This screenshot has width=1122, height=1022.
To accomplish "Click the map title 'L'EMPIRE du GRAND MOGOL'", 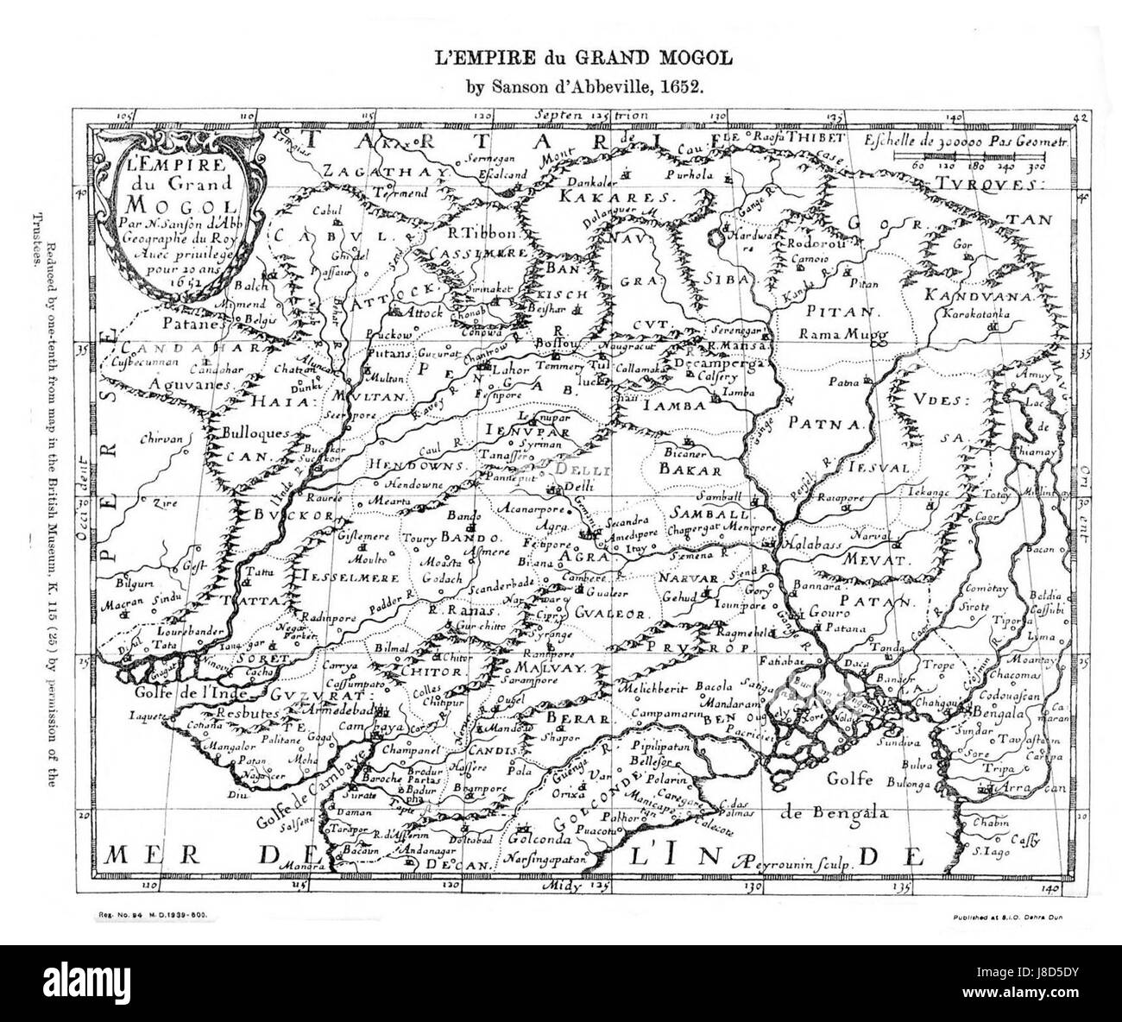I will (570, 60).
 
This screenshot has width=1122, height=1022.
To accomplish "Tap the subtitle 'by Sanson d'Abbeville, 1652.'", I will (570, 86).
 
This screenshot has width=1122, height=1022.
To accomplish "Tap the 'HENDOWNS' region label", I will (407, 464).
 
